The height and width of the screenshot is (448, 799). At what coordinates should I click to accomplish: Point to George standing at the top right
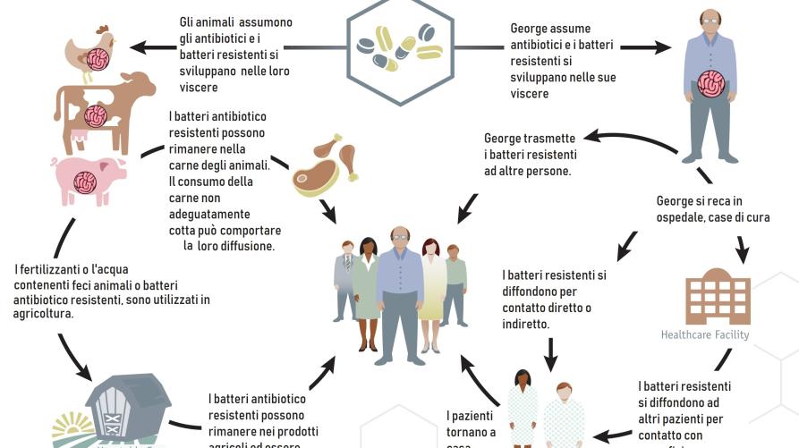710,85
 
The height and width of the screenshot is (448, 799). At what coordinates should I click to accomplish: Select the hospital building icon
718,296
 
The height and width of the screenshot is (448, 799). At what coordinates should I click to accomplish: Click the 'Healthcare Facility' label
705,335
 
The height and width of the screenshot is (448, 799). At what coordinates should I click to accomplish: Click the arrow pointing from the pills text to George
644,47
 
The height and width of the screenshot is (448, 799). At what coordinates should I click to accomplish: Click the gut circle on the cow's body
97,115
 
